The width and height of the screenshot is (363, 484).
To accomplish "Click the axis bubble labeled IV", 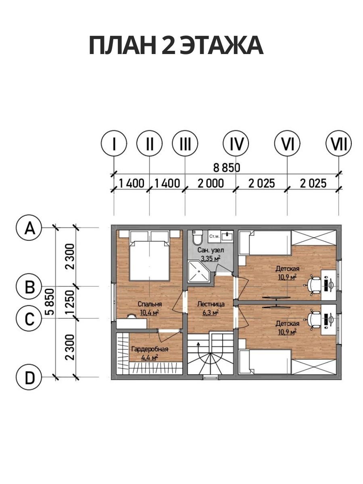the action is click(236, 144).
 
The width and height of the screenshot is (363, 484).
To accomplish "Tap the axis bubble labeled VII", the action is click(338, 144).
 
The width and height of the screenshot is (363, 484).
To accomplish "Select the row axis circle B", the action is click(29, 286).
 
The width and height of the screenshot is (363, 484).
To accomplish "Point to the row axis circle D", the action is click(29, 377).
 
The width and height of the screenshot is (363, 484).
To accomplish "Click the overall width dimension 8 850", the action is click(227, 168).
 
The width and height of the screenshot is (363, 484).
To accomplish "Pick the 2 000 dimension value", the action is click(211, 184).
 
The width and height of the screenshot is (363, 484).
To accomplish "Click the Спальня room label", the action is click(150, 304).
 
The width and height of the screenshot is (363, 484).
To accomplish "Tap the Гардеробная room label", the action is click(150, 349).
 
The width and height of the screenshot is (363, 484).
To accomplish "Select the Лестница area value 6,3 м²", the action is click(211, 312).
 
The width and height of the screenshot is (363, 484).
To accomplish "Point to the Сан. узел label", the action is click(211, 250).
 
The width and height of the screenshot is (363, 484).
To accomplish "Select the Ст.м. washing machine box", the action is click(214, 236).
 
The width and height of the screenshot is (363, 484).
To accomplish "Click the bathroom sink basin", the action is click(227, 236).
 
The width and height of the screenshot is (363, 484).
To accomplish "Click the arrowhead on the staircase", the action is click(198, 344).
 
